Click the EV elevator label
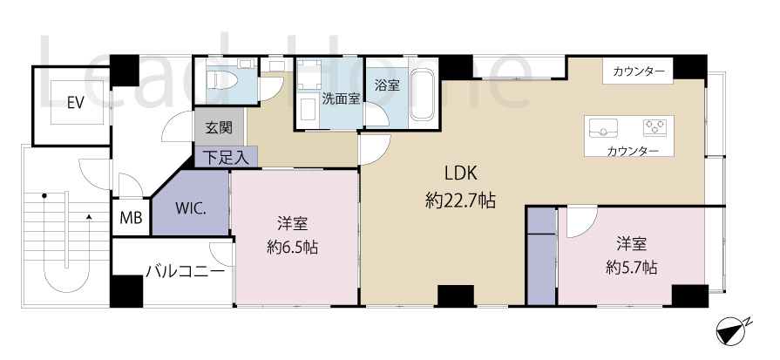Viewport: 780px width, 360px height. pos(75,102)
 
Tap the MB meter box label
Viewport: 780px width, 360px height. pos(130,217)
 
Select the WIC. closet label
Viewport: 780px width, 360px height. pos(190,209)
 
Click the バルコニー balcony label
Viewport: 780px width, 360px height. pos(184,270)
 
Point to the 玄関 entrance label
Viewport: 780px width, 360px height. pos(219,128)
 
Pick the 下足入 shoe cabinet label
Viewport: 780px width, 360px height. pos(226,158)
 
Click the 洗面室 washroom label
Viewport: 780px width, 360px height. pos(341,98)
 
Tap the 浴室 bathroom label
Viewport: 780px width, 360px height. pos(387,85)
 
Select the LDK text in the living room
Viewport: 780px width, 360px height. pos(460,172)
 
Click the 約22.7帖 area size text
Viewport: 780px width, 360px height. pos(460,201)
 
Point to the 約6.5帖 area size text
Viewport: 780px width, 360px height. pos(292,247)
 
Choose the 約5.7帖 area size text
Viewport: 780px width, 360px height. pos(632,266)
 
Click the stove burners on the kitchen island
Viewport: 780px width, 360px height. pos(655,128)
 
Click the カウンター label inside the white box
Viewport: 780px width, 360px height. pos(638,71)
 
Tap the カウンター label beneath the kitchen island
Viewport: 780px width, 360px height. pos(633,152)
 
